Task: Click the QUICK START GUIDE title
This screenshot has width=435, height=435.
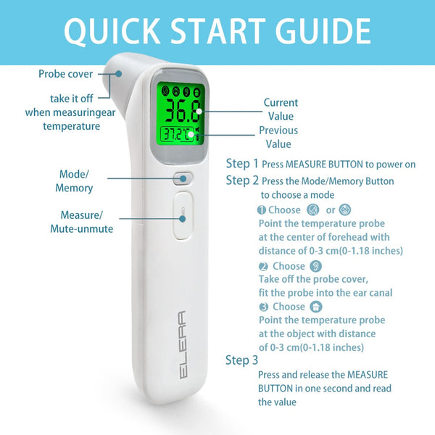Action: point(217,31)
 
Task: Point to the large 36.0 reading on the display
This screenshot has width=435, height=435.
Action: point(176,111)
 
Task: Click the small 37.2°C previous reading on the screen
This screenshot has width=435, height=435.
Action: point(175,135)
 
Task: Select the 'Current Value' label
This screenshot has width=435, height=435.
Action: point(281,109)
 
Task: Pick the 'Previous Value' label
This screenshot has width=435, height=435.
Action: point(278,137)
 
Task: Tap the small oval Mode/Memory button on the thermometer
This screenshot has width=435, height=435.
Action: point(183,177)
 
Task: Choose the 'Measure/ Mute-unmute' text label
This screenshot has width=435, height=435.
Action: point(81,222)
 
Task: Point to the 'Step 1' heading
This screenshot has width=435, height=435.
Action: point(242,163)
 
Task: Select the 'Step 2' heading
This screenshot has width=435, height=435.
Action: point(242,180)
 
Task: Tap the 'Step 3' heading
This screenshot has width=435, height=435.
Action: point(241,360)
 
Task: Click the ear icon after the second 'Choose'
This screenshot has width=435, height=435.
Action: point(315,266)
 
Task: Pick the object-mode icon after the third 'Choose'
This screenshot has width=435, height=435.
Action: point(315,307)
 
